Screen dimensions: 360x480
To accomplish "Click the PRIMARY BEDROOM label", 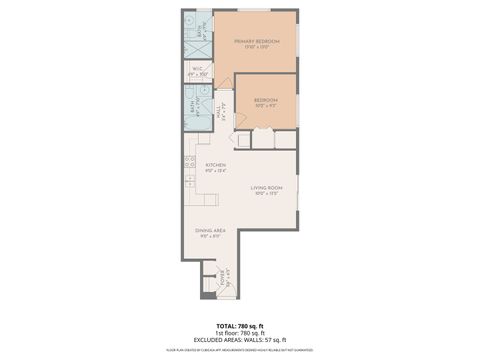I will click(255, 41).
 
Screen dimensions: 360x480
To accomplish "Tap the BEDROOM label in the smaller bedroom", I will click(265, 99).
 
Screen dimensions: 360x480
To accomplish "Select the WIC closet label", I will click(198, 69).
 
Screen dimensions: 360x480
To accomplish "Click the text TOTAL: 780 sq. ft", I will click(239, 326).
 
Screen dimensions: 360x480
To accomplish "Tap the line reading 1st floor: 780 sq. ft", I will click(239, 333).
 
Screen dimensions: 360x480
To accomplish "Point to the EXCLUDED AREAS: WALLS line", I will click(239, 341).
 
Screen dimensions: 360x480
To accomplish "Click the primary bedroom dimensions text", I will click(255, 47).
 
